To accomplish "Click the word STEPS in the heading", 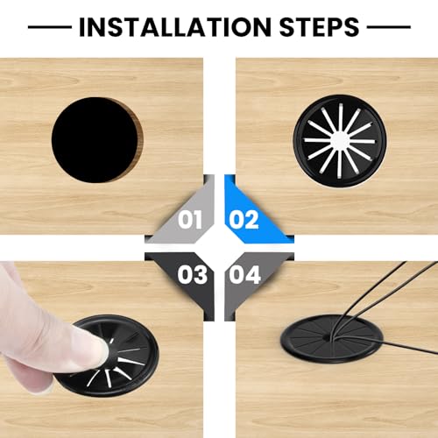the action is tap(319, 27).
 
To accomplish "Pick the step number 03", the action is tap(193, 274).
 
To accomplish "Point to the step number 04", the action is tap(244, 274).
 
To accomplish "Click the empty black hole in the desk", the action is tap(95, 140).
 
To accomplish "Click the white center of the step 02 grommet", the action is tap(339, 140).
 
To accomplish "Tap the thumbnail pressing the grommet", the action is tap(103, 350).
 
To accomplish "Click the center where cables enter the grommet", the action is tap(327, 338).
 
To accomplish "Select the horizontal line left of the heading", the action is tap(50, 27).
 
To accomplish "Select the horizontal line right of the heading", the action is tap(389, 27).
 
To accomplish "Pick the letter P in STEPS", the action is tap(336, 27).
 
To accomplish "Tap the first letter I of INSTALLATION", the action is tap(82, 27).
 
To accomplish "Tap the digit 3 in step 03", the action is tap(201, 274).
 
